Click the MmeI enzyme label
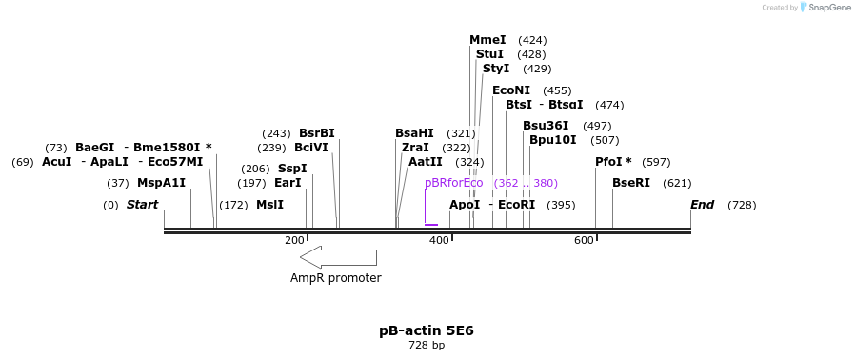(x=487, y=40)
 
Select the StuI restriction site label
(x=489, y=54)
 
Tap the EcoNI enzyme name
(x=511, y=90)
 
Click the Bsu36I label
(x=546, y=126)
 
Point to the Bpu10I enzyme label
(x=553, y=140)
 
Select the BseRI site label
(x=631, y=183)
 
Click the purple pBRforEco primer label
(x=454, y=183)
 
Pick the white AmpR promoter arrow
(x=338, y=256)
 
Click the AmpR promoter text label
(x=336, y=278)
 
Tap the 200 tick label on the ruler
(x=294, y=241)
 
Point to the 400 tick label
(x=439, y=241)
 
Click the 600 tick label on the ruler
(x=584, y=241)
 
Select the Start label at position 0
(x=142, y=205)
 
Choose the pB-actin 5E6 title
(x=427, y=330)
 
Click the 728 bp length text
(x=427, y=345)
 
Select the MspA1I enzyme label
(x=161, y=183)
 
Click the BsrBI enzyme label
(x=317, y=133)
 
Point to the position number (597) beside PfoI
(x=656, y=162)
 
